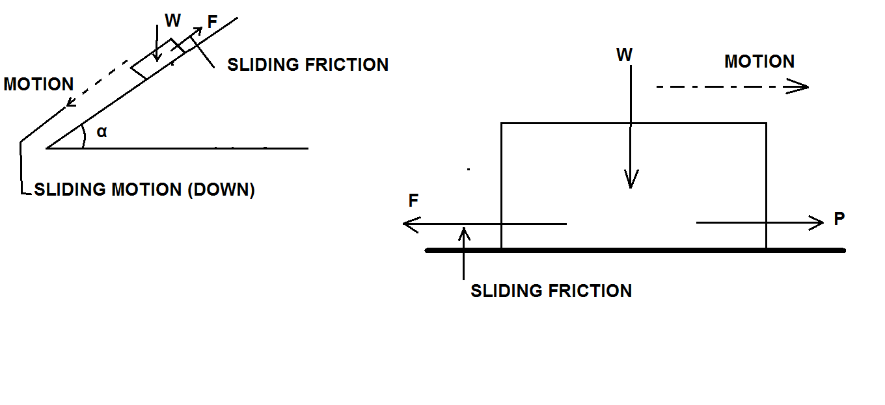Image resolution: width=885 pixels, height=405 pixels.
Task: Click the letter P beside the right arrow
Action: [839, 220]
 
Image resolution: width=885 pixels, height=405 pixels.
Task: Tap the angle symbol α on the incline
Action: [102, 132]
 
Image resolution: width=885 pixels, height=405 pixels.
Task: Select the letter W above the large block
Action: [624, 55]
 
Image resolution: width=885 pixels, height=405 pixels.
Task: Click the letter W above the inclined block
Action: [172, 21]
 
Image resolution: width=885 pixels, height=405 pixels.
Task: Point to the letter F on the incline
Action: [211, 21]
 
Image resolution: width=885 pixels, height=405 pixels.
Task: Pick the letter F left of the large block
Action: [413, 202]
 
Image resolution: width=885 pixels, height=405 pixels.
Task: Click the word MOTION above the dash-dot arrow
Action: [759, 62]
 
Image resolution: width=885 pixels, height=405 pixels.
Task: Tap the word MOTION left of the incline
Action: [39, 85]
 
